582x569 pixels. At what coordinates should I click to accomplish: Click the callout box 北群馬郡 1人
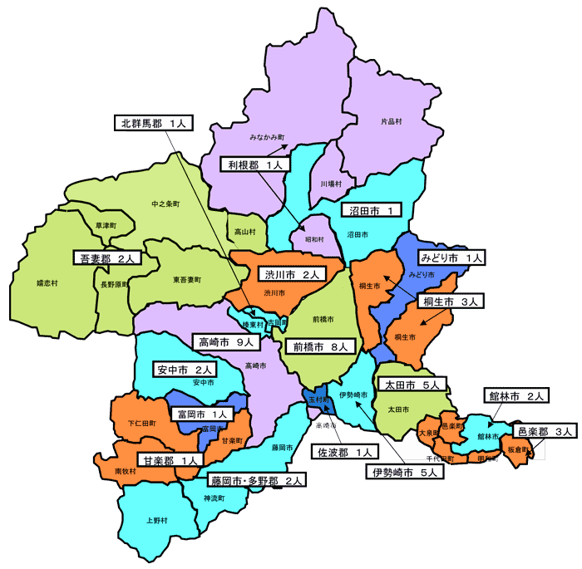tap(155, 124)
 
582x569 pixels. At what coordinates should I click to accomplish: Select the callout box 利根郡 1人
tap(254, 164)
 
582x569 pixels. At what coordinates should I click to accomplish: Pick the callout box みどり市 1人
tap(451, 258)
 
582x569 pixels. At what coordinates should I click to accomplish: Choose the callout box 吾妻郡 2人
tap(107, 258)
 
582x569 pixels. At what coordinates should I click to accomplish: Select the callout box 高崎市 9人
tap(226, 341)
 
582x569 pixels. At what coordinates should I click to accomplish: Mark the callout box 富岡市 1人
tap(200, 413)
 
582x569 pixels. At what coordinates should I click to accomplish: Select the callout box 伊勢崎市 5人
tap(405, 473)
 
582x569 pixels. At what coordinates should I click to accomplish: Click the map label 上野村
tap(156, 522)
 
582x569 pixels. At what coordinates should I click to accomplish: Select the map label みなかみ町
tap(267, 135)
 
